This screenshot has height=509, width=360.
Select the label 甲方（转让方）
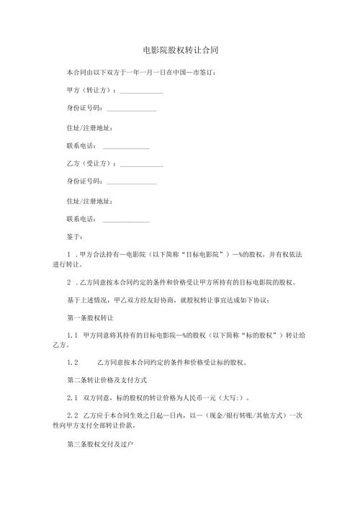pyautogui.click(x=90, y=91)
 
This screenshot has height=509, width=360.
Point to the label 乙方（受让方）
pyautogui.click(x=90, y=165)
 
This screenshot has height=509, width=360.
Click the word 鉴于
pyautogui.click(x=73, y=236)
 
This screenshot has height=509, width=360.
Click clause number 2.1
pyautogui.click(x=72, y=397)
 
